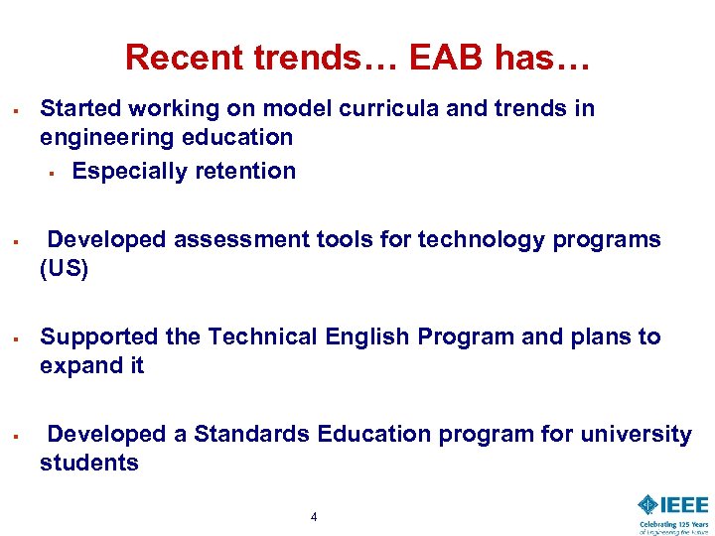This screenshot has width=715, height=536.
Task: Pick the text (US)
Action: (x=64, y=269)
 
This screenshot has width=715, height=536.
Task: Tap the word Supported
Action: (x=99, y=336)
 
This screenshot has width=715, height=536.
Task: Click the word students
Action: (x=89, y=463)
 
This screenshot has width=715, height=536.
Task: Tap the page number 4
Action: (x=314, y=516)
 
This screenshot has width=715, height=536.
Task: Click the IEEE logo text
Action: (x=684, y=504)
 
